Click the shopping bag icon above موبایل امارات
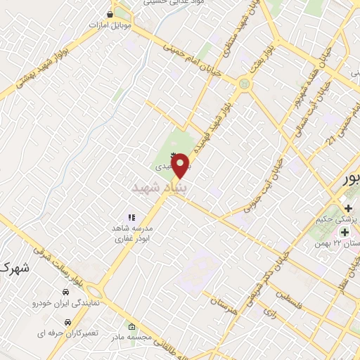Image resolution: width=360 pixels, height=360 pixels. pyautogui.click(x=110, y=13)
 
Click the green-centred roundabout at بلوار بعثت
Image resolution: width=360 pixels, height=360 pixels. pyautogui.click(x=244, y=84)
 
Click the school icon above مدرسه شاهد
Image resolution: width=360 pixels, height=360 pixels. pyautogui.click(x=130, y=219)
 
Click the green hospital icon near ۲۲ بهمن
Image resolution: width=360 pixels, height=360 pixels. pyautogui.click(x=345, y=232)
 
